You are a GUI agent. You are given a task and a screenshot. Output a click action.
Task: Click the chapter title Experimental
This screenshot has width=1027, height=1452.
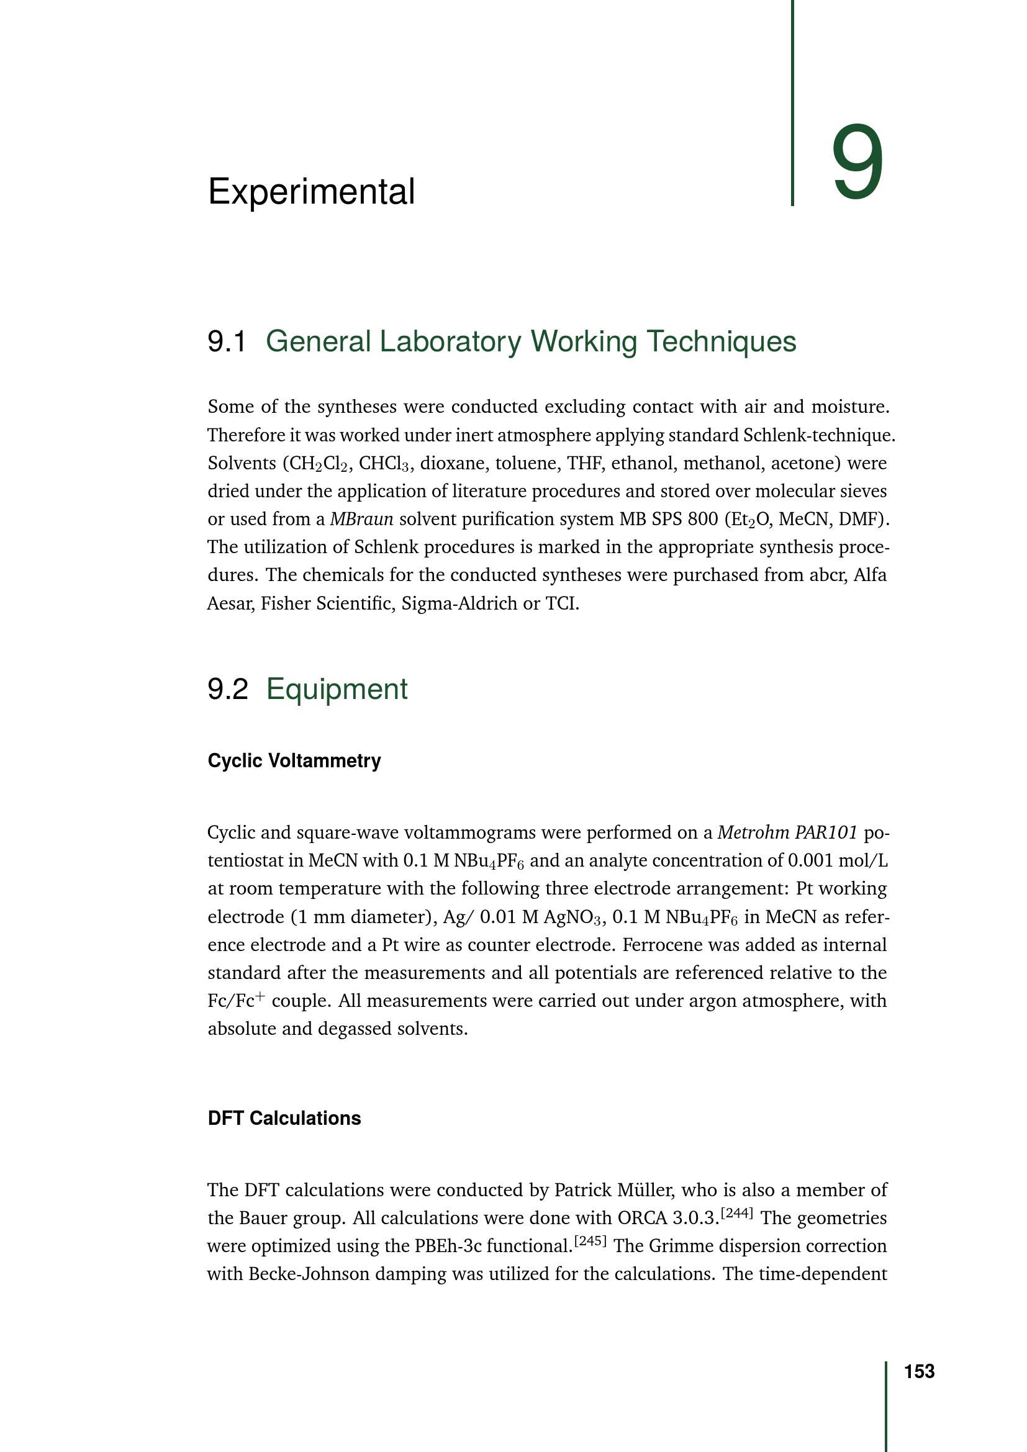click(311, 191)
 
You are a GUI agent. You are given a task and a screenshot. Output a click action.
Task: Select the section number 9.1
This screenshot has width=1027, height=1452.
click(227, 341)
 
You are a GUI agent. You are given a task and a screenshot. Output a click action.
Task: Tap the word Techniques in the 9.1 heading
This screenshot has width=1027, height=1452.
click(722, 341)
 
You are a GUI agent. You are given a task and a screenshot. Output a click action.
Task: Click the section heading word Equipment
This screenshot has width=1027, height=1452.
click(337, 688)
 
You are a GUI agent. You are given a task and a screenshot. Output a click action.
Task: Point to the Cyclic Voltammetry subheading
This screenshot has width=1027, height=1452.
click(294, 760)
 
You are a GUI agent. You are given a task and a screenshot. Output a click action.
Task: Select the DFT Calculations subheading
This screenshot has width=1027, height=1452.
click(284, 1118)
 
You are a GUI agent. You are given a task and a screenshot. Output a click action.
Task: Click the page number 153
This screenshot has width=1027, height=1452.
click(919, 1371)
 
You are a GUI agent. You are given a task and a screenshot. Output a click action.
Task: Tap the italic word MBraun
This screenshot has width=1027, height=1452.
click(361, 519)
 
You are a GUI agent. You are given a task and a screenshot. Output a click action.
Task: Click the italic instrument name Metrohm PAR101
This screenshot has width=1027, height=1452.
click(787, 832)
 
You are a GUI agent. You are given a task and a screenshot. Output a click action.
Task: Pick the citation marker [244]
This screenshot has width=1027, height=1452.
click(737, 1212)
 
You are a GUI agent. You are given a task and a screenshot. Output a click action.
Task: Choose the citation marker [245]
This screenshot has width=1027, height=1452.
click(590, 1240)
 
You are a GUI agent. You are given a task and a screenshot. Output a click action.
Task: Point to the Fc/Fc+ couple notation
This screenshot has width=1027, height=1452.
click(237, 1001)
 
